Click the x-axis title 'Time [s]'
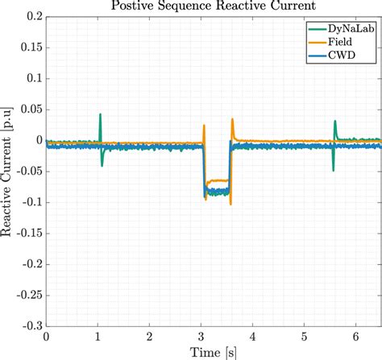(x=214, y=352)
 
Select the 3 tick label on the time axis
(x=201, y=337)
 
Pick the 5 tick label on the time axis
(x=304, y=337)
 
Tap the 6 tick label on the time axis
(x=355, y=337)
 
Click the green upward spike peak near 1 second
(x=100, y=114)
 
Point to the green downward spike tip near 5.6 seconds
(x=333, y=170)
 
